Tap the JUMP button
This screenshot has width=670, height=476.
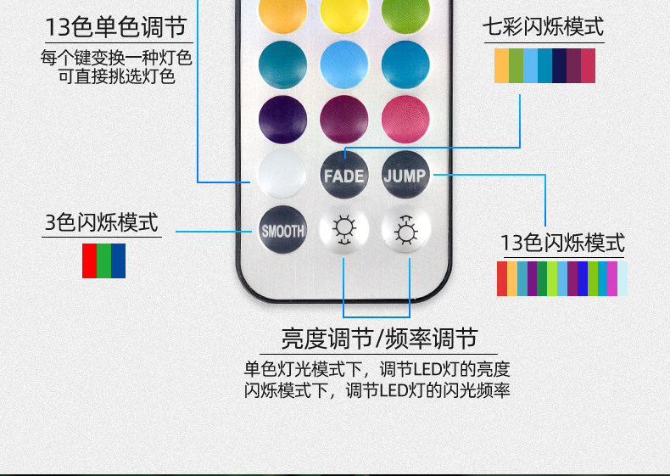tap(405, 176)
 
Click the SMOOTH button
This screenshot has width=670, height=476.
tap(282, 230)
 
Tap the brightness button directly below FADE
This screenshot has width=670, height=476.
tap(343, 230)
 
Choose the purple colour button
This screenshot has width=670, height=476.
tap(282, 119)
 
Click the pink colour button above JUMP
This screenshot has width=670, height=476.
tap(405, 119)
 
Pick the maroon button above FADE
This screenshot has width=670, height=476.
tap(343, 119)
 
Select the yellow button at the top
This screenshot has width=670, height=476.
tap(343, 10)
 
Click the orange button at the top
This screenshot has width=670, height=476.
tap(282, 10)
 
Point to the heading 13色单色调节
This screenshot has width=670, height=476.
tap(115, 27)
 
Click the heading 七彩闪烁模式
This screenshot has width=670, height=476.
tap(543, 28)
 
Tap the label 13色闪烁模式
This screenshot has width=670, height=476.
tap(562, 244)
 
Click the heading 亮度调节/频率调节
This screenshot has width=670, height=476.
tap(379, 339)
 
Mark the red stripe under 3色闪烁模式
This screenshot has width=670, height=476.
tap(89, 260)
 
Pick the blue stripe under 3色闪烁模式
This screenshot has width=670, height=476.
tap(118, 260)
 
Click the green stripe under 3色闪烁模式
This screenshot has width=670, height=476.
tap(103, 260)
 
